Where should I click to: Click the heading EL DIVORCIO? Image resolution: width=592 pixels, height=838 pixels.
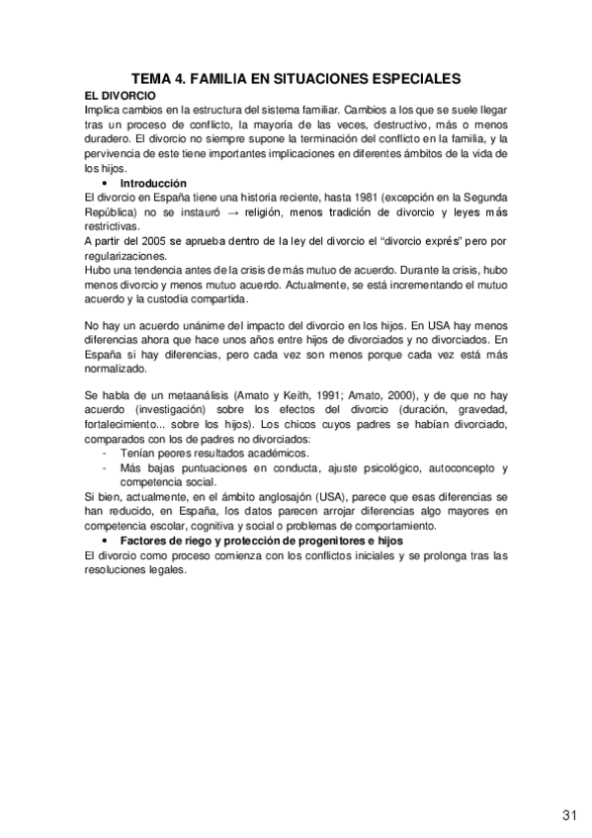point(122,94)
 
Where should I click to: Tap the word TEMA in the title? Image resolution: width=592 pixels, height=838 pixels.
point(155,77)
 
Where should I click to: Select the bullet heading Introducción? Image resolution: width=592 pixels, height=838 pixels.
point(153,184)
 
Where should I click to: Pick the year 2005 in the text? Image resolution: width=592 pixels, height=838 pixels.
point(157,241)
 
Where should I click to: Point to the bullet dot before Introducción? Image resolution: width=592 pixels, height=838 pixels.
point(104,185)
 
